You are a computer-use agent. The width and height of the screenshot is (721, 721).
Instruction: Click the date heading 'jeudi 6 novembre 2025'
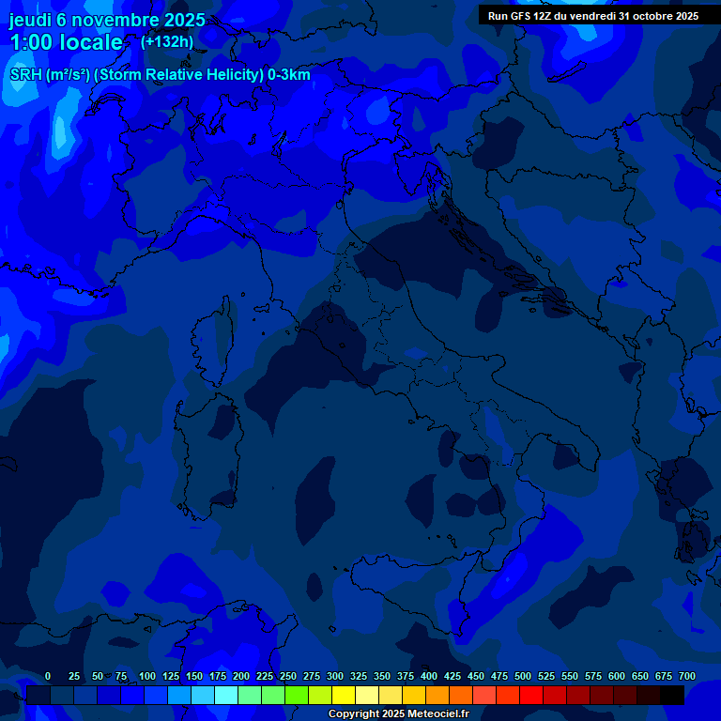click(x=107, y=20)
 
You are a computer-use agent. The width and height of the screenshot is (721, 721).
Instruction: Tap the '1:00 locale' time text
click(x=67, y=42)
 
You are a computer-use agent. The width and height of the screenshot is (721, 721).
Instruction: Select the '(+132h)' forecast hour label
click(x=167, y=41)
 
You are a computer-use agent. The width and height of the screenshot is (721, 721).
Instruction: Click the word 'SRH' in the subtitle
click(x=26, y=75)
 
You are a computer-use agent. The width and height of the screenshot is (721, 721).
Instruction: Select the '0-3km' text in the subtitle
click(x=289, y=75)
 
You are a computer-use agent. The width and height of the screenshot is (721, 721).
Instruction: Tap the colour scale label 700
click(x=687, y=676)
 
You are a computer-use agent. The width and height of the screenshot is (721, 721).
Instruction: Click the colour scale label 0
click(x=48, y=676)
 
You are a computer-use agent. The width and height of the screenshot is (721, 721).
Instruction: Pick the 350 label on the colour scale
click(x=382, y=676)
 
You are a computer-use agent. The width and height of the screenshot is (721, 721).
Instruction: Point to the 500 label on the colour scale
click(x=523, y=676)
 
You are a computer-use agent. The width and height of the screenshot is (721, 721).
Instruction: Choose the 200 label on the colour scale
click(x=241, y=676)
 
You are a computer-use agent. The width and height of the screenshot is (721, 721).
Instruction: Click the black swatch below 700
click(x=672, y=695)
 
